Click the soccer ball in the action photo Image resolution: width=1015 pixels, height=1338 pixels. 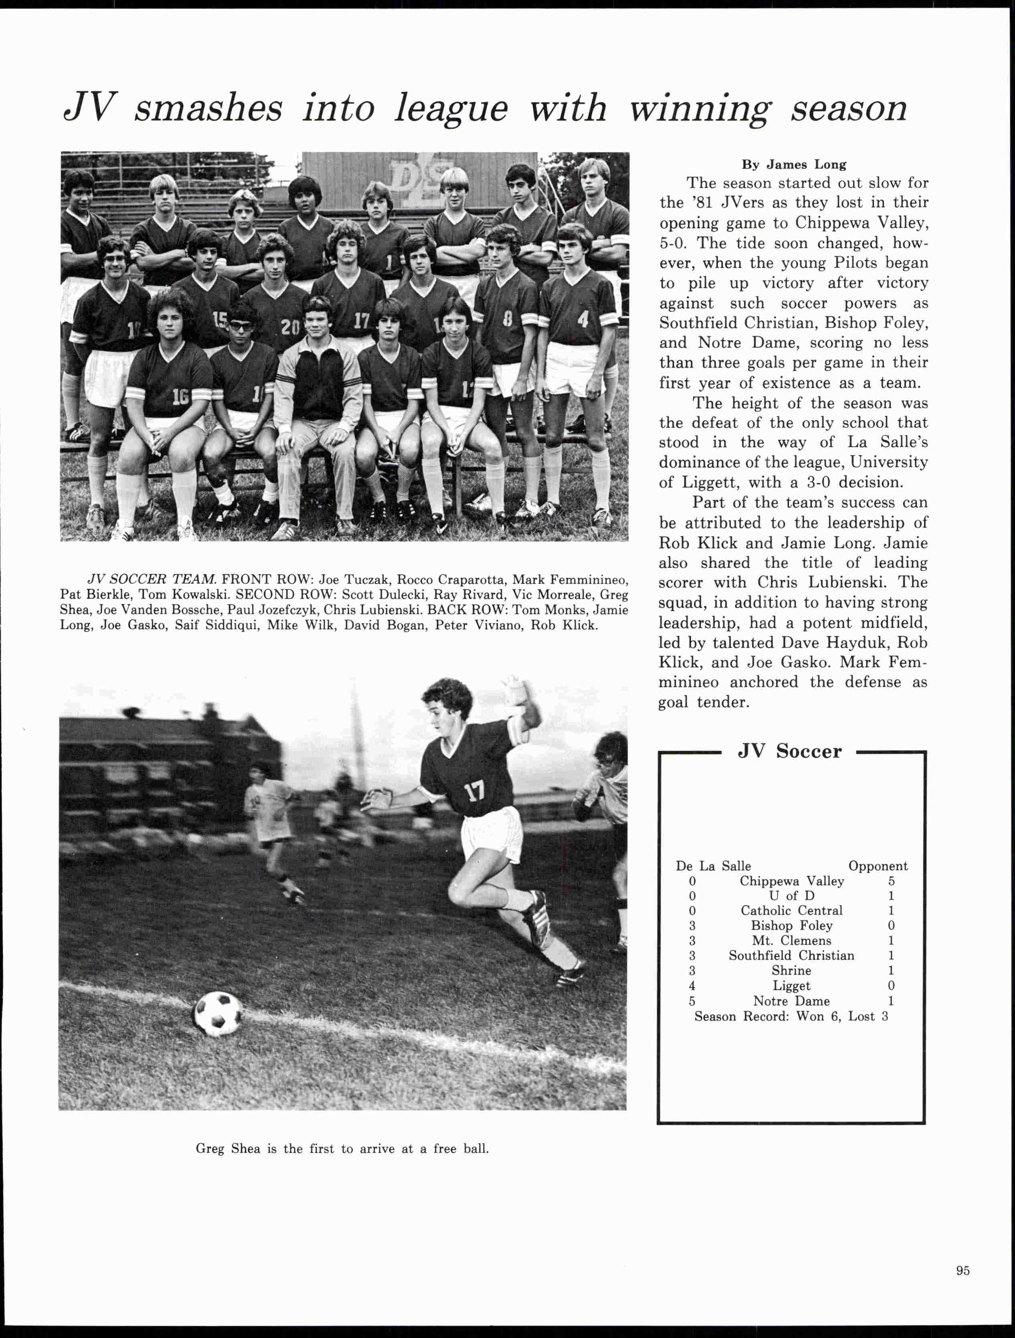coord(218,1013)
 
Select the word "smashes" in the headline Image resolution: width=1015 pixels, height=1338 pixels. coord(208,109)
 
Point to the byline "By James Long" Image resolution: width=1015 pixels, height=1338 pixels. coord(794,164)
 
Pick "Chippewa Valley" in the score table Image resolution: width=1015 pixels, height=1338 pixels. coord(791,881)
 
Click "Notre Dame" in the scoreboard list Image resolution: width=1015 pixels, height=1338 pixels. coord(791,1001)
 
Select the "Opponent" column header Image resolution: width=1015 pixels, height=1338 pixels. coord(878,866)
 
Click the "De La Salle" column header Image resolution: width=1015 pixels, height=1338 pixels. coord(713,866)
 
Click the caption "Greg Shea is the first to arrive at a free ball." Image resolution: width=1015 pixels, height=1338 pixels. coord(342,1149)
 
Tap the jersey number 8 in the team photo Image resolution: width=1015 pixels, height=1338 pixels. coord(507,319)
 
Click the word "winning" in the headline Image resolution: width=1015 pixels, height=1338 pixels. coord(701,109)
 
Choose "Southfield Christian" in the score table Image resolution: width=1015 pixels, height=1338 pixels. coord(791,956)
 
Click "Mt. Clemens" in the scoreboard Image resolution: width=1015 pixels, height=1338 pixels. coord(791,941)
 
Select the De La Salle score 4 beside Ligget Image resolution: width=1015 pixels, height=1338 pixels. coord(692,986)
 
